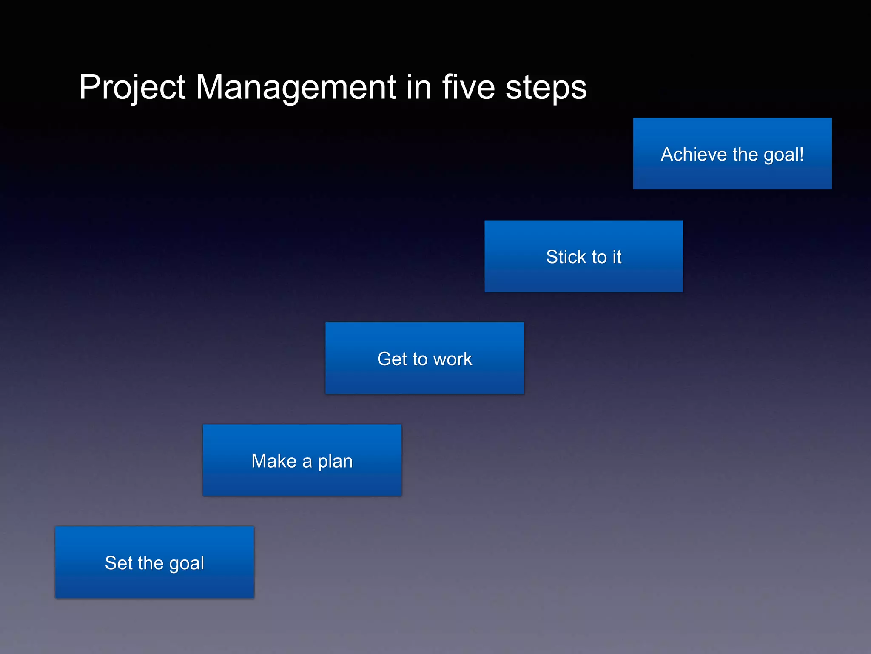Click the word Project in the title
(132, 88)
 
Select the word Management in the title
(296, 88)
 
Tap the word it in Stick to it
(617, 257)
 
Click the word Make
(274, 461)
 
